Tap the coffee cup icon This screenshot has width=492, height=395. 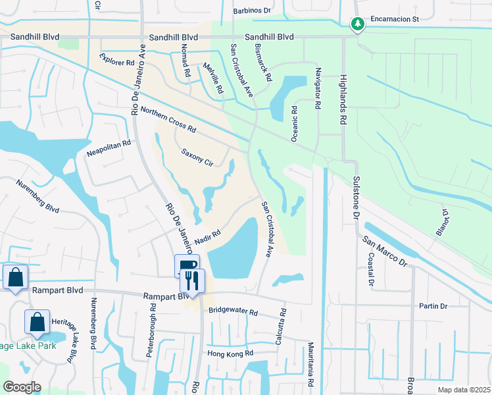187,265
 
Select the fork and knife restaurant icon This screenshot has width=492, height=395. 193,281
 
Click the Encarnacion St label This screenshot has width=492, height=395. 394,20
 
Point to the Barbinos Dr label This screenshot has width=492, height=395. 252,11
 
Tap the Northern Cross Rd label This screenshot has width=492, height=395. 168,119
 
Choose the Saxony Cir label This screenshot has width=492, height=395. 197,157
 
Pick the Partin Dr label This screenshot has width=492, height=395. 433,306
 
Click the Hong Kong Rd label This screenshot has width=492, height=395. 230,354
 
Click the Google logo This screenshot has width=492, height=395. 22,387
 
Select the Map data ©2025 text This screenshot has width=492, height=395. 464,390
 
